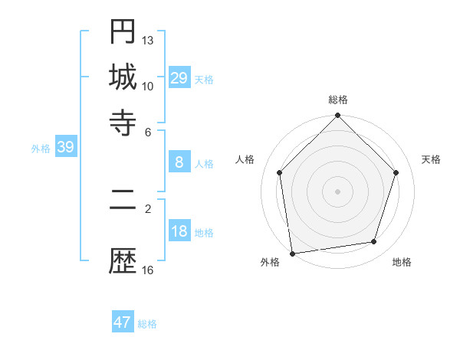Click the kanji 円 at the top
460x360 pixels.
tap(123, 32)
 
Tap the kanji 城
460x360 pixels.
tap(123, 77)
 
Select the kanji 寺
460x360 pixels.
tap(123, 121)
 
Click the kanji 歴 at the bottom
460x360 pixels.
tap(123, 262)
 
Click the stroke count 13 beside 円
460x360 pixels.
tap(148, 40)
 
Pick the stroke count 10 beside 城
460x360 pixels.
tap(148, 86)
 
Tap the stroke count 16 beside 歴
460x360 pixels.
tap(148, 270)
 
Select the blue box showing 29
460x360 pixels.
tap(179, 77)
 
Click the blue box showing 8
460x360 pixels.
tap(179, 162)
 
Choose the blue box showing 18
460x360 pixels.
tap(179, 231)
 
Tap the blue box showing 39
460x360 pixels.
tap(65, 147)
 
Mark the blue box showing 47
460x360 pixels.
tap(123, 322)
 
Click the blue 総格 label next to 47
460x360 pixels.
tap(147, 324)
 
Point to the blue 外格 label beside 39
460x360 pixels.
tap(41, 149)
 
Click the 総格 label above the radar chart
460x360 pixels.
tap(338, 100)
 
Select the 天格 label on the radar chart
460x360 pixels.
tap(431, 159)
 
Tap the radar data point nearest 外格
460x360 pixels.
tap(292, 253)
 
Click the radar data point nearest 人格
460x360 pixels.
tap(279, 172)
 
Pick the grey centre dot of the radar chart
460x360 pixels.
tap(338, 191)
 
